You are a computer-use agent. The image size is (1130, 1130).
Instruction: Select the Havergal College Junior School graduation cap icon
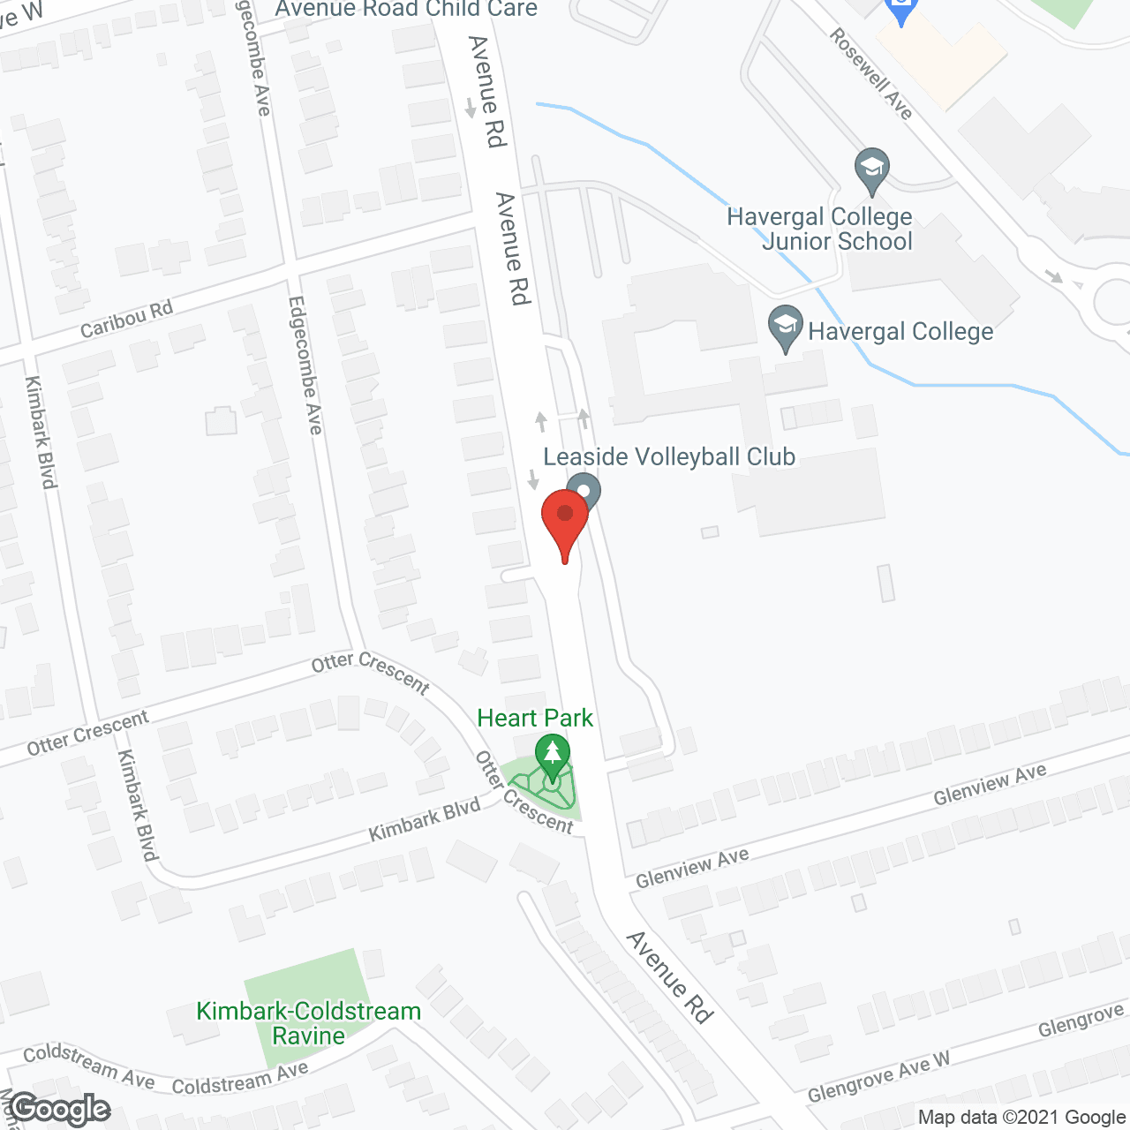click(x=871, y=169)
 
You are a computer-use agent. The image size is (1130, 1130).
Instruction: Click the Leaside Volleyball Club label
click(x=669, y=456)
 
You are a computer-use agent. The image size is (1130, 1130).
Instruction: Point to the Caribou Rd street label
click(x=126, y=319)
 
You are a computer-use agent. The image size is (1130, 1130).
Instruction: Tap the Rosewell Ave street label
click(x=870, y=74)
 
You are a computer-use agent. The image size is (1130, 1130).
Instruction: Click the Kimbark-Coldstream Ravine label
click(x=308, y=1023)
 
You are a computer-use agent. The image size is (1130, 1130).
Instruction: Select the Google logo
click(x=60, y=1109)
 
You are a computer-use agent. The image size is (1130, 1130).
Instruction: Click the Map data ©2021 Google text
click(x=1022, y=1117)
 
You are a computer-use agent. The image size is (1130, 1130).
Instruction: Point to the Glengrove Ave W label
click(x=879, y=1080)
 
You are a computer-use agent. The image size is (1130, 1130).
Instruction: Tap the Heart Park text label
click(x=535, y=718)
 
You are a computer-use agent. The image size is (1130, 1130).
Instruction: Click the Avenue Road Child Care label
click(x=406, y=9)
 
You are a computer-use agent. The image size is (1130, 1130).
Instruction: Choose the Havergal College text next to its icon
click(x=900, y=332)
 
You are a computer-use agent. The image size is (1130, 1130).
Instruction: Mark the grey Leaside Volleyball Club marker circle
click(x=584, y=490)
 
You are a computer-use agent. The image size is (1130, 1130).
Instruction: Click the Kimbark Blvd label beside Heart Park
click(x=425, y=819)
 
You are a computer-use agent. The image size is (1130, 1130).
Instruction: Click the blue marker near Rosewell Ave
click(x=901, y=11)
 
